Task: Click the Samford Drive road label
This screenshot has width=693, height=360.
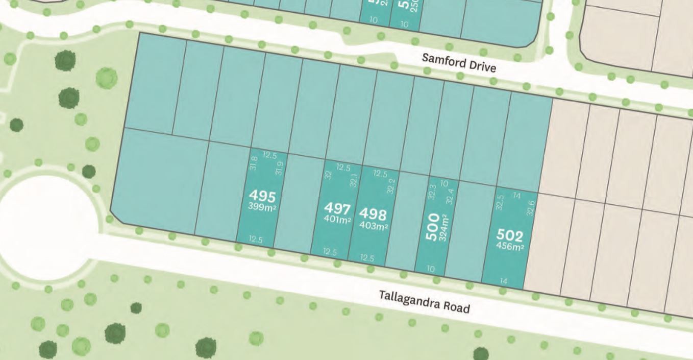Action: pos(459,63)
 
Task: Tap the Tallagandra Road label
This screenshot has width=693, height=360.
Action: pos(424,301)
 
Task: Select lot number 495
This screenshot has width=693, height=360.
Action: pos(262,196)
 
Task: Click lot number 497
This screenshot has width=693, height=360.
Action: pos(337,209)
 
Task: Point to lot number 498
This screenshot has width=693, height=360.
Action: pos(373,214)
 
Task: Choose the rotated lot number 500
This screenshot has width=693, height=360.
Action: pos(432,226)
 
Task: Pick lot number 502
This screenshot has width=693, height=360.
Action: pos(510,236)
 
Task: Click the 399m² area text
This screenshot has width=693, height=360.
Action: pos(262,207)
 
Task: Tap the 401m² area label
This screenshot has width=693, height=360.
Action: pos(337,220)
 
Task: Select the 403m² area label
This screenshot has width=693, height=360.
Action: pos(374,226)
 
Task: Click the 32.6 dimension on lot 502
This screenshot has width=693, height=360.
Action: pos(531,208)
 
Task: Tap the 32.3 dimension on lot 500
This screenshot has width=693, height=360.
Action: pos(432,192)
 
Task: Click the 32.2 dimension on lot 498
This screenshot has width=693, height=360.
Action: pos(391,186)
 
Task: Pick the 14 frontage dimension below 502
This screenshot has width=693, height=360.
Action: pos(504,281)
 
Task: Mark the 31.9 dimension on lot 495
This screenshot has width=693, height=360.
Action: pos(279,169)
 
